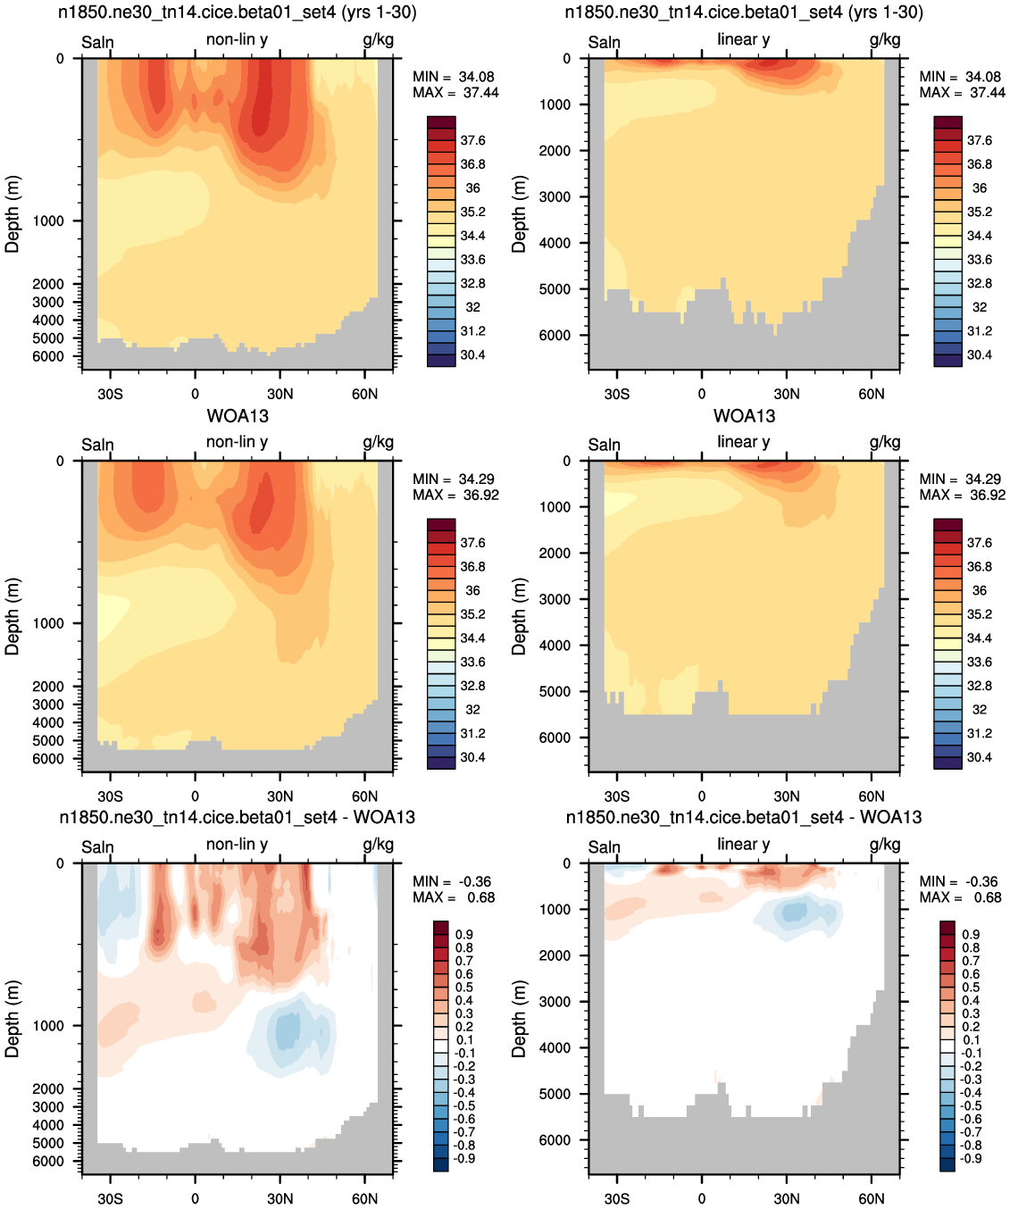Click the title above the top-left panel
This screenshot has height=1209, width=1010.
237,13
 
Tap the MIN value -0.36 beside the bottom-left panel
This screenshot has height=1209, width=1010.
475,881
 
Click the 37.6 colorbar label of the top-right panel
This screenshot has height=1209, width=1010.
980,140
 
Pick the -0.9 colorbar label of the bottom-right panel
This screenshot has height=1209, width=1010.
972,1158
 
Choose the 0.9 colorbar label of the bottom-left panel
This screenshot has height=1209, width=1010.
463,934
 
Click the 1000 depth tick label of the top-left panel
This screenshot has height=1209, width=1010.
48,221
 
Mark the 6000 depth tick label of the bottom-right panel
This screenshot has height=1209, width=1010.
555,1139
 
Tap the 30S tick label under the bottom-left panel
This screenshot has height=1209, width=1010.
110,1198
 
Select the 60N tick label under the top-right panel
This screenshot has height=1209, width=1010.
872,394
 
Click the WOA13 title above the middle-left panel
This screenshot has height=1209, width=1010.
238,416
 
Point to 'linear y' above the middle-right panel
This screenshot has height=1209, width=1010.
744,442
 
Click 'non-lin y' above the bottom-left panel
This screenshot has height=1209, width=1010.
237,844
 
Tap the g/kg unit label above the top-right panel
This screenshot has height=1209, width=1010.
885,39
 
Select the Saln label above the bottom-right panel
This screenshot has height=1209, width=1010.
604,847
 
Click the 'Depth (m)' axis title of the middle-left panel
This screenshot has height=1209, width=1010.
12,616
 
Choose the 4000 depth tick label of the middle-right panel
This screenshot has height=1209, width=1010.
555,645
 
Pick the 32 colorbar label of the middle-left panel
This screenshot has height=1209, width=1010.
472,709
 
